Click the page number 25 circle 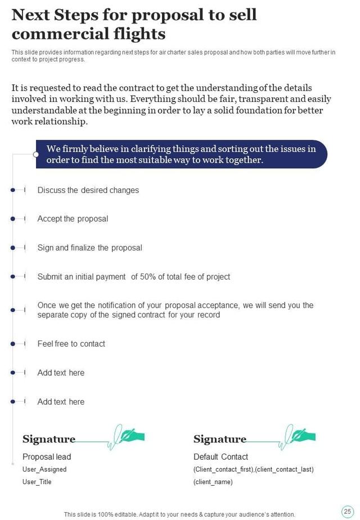coord(347,510)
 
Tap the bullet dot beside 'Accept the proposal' coord(12,219)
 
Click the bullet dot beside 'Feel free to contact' coord(12,344)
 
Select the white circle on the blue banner coord(36,154)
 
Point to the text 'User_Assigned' coord(44,469)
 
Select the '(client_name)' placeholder coord(213,482)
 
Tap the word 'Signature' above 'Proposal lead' coord(49,439)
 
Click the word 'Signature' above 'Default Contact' coord(220,439)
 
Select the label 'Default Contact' coord(220,457)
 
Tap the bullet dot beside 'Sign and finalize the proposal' coord(12,248)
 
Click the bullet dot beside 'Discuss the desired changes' coord(12,190)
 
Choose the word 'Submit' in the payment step coord(50,277)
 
